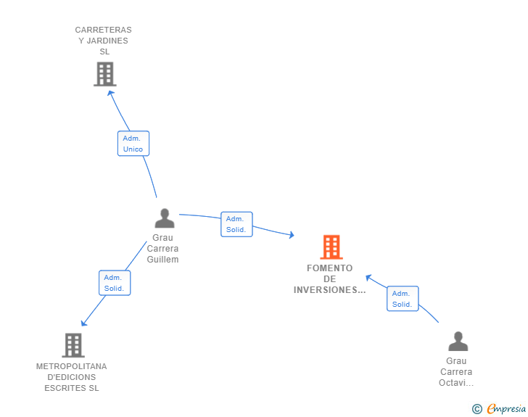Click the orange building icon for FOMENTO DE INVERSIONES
tap(331, 247)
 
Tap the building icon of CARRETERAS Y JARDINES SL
tap(105, 74)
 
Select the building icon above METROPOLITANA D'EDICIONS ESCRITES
tap(73, 345)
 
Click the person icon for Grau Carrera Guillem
tap(165, 218)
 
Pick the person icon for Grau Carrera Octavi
tap(458, 341)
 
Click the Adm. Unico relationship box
tap(133, 144)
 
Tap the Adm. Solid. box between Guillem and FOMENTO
tap(236, 224)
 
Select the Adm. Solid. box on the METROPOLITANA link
tap(115, 283)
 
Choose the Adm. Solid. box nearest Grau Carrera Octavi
tap(403, 299)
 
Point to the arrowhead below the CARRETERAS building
tap(110, 93)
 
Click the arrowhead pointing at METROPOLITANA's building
tap(84, 323)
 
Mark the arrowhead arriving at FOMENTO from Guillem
tap(292, 235)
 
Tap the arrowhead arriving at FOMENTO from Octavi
tap(368, 277)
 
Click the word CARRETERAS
tap(104, 30)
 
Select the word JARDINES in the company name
tap(107, 41)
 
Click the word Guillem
tap(162, 260)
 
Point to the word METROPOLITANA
tap(71, 366)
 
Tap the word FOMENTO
tap(330, 268)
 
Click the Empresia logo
tap(499, 408)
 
